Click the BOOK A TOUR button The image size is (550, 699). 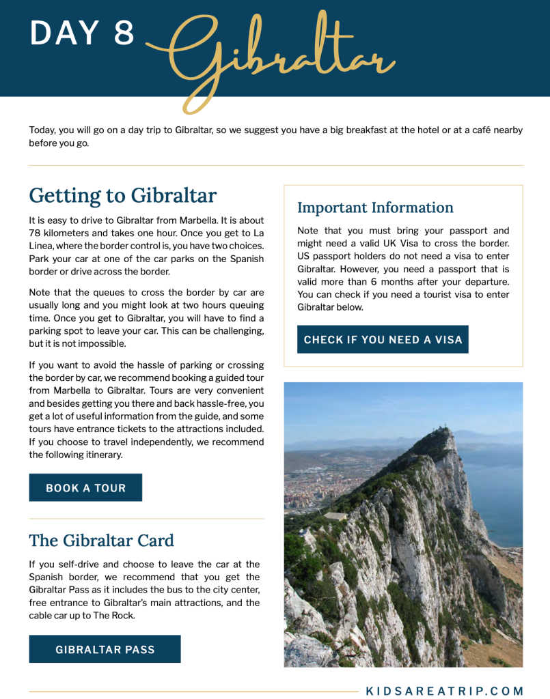click(85, 487)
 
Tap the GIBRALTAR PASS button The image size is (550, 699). click(105, 649)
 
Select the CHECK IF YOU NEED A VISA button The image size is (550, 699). click(383, 339)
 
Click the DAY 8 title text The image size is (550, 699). click(82, 33)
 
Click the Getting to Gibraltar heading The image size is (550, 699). click(122, 196)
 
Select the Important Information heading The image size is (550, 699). click(375, 208)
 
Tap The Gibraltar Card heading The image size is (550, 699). click(101, 541)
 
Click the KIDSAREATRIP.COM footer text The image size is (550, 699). click(445, 691)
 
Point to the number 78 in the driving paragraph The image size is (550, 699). click(36, 233)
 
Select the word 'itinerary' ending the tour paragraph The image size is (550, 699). click(102, 455)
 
